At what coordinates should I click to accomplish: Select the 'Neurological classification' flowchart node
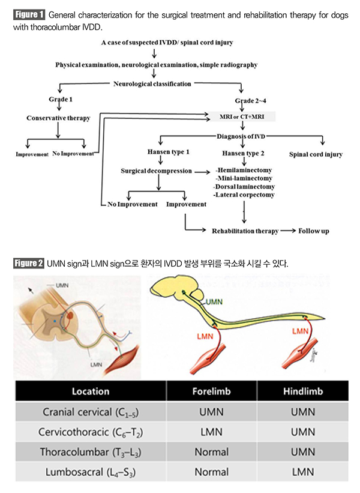(152, 83)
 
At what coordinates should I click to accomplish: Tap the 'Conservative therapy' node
(58, 118)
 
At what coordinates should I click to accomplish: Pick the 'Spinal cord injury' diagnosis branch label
(316, 154)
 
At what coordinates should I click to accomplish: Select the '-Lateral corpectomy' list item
(244, 195)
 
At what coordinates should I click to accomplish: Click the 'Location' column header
(91, 391)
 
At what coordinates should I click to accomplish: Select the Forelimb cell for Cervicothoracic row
(211, 432)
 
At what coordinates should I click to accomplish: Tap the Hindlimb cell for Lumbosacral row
(302, 472)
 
